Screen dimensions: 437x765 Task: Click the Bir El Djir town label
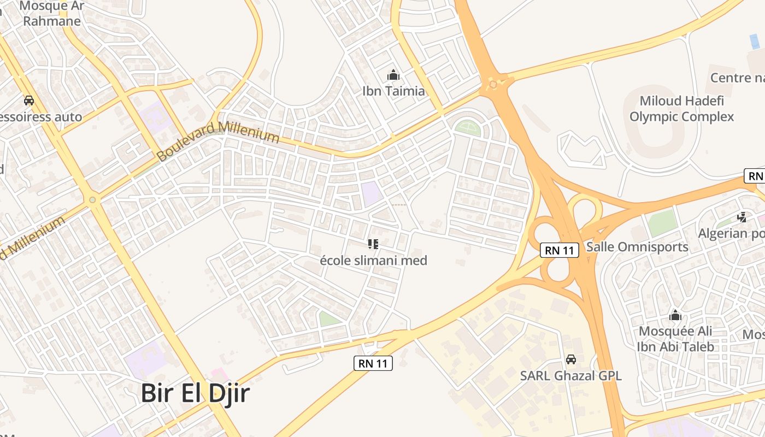[195, 393]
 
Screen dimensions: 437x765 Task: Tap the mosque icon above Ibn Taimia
[393, 75]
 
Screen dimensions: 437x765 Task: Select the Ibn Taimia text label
[393, 91]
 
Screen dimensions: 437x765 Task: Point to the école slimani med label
[373, 261]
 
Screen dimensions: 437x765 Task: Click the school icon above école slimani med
[373, 244]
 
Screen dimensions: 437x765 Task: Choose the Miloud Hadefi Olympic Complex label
[681, 109]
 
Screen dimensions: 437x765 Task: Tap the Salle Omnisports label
[637, 247]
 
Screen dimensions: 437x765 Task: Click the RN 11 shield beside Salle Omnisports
[559, 251]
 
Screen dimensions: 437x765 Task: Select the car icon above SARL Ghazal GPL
[571, 359]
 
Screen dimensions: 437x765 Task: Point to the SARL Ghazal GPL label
[571, 376]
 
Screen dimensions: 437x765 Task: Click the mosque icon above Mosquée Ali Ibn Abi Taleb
[675, 316]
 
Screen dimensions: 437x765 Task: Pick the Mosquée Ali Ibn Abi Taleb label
[675, 339]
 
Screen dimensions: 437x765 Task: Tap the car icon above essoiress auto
[29, 101]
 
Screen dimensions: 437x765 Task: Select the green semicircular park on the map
[468, 129]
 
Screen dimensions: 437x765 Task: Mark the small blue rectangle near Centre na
[755, 42]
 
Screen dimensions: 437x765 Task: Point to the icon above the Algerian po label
[742, 217]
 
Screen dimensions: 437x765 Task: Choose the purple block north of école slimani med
[372, 193]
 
